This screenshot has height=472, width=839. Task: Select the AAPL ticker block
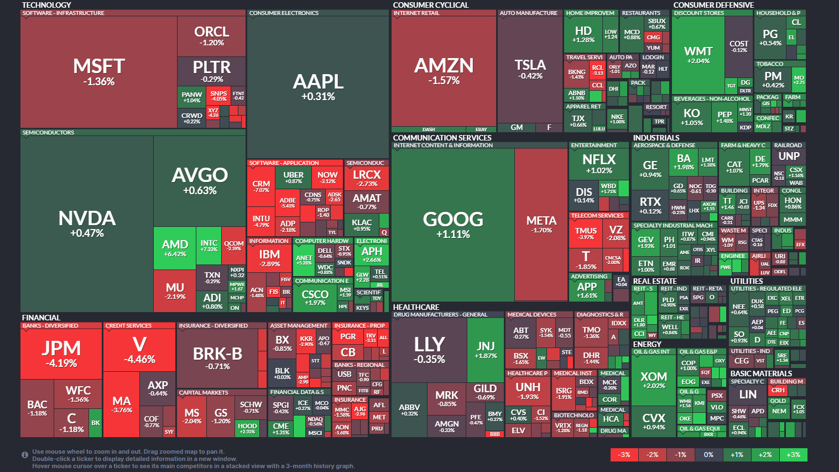tap(318, 86)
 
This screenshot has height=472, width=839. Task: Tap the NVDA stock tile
tap(87, 223)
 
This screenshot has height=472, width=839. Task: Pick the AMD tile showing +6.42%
tap(175, 248)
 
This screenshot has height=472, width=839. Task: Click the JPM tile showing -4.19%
tap(61, 354)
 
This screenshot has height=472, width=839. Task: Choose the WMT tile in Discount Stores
tap(698, 55)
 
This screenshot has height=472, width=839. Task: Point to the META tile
tap(541, 224)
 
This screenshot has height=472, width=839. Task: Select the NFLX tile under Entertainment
tap(599, 164)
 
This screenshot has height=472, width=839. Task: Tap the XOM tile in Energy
tap(654, 380)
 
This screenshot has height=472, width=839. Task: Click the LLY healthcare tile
tap(429, 349)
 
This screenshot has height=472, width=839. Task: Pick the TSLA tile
tap(530, 69)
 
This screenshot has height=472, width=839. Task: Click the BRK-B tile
tap(217, 358)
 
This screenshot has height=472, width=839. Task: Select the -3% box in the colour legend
tap(624, 455)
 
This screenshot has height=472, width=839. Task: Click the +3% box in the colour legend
tap(793, 455)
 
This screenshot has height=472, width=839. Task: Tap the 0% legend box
tap(708, 455)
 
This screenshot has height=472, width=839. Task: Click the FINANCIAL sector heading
tap(41, 318)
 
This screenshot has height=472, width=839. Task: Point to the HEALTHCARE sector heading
tap(416, 307)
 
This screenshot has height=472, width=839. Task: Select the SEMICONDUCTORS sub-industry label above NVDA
tap(48, 133)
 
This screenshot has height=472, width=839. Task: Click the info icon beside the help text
tap(25, 455)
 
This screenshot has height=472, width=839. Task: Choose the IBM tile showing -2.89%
tap(269, 258)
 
